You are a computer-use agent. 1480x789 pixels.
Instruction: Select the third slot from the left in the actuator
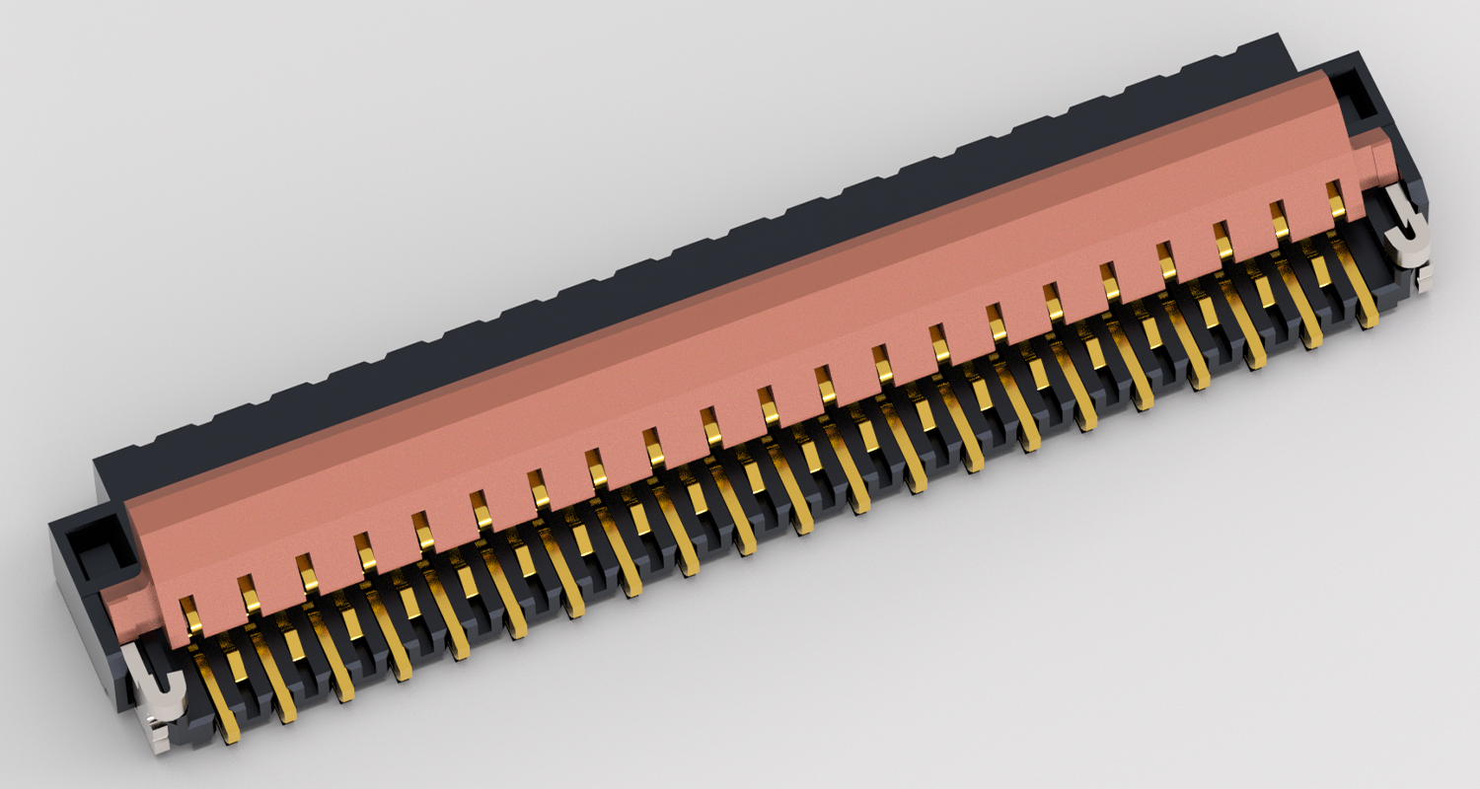[x=307, y=573]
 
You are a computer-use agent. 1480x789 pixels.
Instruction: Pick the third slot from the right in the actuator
[x=1222, y=240]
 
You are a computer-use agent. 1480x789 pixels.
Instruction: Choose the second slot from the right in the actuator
[x=1280, y=219]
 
